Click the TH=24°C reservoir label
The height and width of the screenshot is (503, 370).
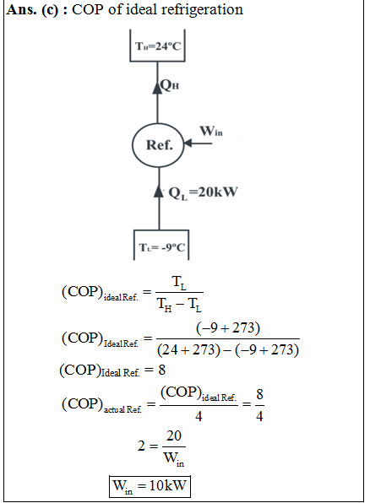[x=158, y=46]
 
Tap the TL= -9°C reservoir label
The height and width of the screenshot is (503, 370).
[x=162, y=247]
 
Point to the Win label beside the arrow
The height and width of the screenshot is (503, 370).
[x=211, y=131]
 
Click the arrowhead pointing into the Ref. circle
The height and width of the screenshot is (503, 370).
[x=188, y=143]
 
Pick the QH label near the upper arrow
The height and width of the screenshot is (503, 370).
[x=170, y=85]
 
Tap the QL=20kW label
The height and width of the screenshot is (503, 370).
[x=203, y=192]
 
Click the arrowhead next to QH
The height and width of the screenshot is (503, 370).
[x=157, y=87]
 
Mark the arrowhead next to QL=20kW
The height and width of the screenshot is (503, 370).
[x=159, y=192]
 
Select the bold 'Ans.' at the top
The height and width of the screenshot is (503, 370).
[x=21, y=9]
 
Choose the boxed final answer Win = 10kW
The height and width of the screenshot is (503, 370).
[x=150, y=486]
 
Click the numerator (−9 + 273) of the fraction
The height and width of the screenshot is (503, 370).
[x=228, y=328]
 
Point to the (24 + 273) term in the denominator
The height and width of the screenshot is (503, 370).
[x=188, y=349]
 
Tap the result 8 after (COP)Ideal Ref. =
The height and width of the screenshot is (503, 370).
[x=162, y=370]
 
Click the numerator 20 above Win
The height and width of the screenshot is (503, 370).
[x=174, y=436]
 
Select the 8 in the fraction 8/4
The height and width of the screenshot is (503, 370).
[x=259, y=394]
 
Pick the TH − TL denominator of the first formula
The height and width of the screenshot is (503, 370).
[x=179, y=304]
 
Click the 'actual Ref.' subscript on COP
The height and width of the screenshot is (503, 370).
[x=122, y=409]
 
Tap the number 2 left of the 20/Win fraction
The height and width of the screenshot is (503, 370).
[x=141, y=446]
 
